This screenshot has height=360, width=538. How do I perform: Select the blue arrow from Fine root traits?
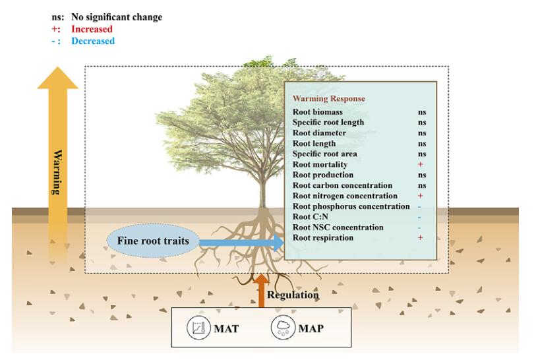tap(241, 243)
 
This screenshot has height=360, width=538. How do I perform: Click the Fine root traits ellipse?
tap(153, 241)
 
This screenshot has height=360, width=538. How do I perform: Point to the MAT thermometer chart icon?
tap(198, 328)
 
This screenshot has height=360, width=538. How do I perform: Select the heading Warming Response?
tap(328, 99)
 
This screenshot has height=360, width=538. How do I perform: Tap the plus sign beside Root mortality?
tap(421, 164)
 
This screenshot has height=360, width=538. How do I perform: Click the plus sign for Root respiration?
tap(421, 237)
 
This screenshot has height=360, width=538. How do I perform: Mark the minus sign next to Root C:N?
tap(420, 217)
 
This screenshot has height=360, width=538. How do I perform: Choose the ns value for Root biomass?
tap(421, 112)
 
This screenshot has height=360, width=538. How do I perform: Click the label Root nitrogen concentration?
tap(345, 196)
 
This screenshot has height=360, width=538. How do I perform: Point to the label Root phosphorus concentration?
tap(351, 206)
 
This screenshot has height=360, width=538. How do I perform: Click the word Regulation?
tap(293, 295)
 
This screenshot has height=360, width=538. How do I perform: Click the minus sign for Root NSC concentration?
tap(420, 227)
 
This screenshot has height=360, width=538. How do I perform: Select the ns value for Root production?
tap(421, 175)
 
